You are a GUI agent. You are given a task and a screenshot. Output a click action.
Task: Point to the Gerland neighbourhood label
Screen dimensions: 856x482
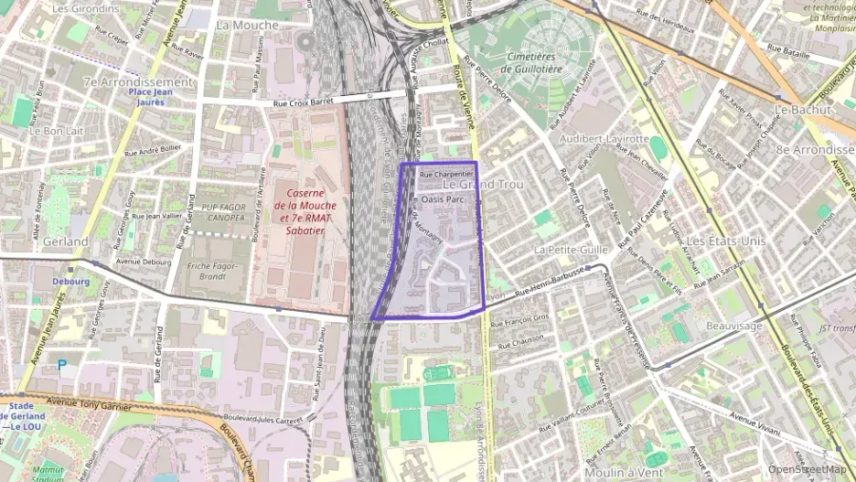point(66,241)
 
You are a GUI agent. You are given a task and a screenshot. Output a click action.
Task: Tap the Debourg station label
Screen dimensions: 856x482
point(71,282)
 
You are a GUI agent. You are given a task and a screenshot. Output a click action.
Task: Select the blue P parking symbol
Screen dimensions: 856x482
point(62,364)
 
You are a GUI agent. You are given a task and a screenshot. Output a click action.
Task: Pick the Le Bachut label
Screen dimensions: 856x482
point(794,109)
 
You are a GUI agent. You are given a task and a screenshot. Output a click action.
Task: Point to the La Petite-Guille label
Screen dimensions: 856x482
point(572,249)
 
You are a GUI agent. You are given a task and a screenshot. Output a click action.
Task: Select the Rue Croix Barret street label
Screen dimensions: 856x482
point(307,102)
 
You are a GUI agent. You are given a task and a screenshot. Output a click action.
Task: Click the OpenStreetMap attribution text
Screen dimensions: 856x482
point(807,469)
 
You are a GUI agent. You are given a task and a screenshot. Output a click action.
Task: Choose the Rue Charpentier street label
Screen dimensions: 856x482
point(444,173)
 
